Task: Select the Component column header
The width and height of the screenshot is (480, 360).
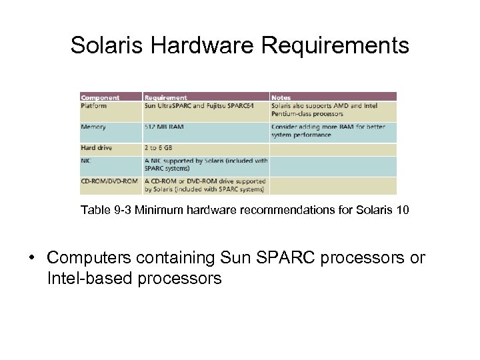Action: [x=99, y=97]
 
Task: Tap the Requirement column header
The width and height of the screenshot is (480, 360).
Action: [x=166, y=97]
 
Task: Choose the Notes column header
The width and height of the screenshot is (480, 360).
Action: [x=281, y=97]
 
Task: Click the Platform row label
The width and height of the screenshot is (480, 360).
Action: [x=94, y=105]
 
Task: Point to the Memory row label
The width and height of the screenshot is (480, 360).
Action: [x=94, y=127]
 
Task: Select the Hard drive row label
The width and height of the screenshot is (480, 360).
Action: [x=97, y=147]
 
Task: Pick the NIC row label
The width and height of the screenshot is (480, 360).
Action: [x=87, y=160]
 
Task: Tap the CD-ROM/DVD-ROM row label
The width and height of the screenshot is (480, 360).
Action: [x=109, y=181]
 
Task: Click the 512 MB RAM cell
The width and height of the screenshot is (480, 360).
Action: [x=163, y=127]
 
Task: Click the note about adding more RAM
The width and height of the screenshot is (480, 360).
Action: [x=333, y=131]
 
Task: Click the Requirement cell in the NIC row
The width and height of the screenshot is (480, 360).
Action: [x=206, y=164]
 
